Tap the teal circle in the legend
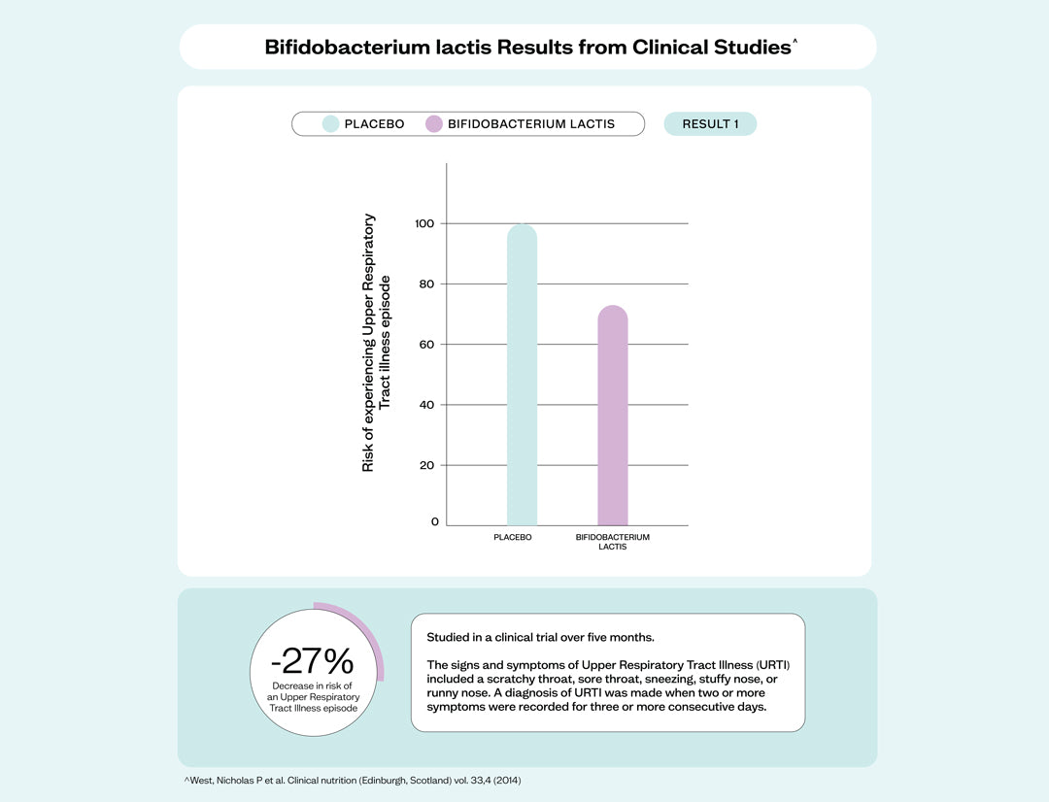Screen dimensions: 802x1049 [331, 124]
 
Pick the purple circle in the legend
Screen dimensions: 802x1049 [434, 124]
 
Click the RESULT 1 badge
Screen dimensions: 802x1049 [710, 124]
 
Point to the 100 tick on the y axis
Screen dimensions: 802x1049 [425, 223]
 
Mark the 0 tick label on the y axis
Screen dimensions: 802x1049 [434, 521]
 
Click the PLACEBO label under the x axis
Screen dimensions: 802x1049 [513, 537]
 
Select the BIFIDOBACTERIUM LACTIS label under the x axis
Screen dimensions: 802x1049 [613, 542]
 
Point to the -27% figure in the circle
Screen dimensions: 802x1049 [313, 661]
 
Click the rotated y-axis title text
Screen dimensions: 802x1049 [375, 343]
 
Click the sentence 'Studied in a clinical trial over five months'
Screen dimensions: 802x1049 [540, 638]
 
